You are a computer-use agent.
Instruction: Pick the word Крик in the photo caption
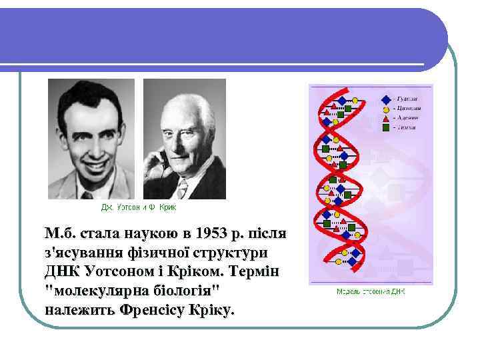(x=168, y=207)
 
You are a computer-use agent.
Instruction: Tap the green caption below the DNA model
(x=371, y=291)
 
